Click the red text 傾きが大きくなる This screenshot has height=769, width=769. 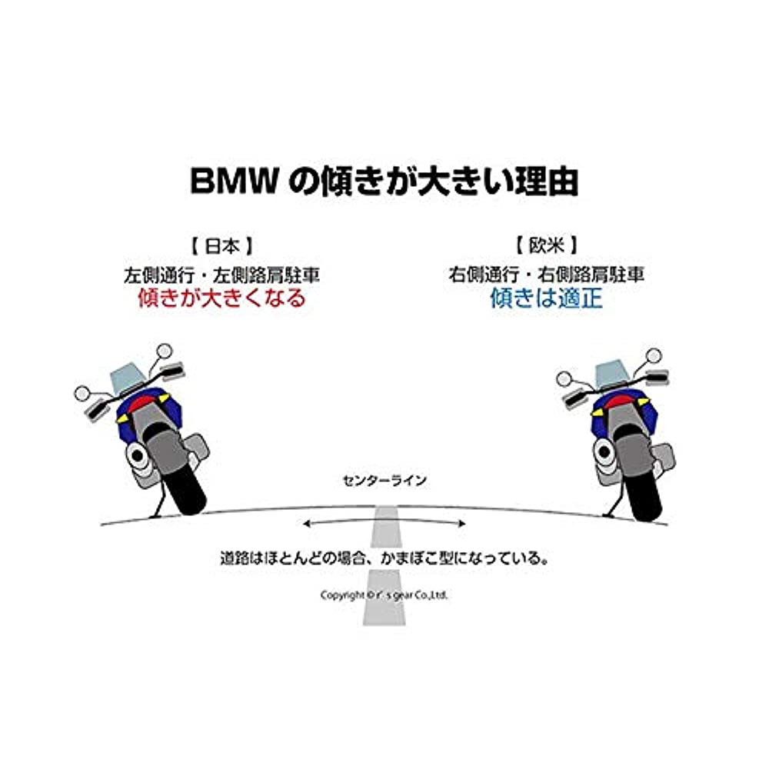point(221,298)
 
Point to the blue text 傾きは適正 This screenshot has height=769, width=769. point(546,298)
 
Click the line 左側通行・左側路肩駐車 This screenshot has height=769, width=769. point(221,273)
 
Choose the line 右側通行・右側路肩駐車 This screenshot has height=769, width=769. point(546,273)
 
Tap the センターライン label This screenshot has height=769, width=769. point(384,481)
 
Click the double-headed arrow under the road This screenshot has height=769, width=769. point(384,524)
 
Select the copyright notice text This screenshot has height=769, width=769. point(384,595)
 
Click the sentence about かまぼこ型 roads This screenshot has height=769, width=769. point(384,557)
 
